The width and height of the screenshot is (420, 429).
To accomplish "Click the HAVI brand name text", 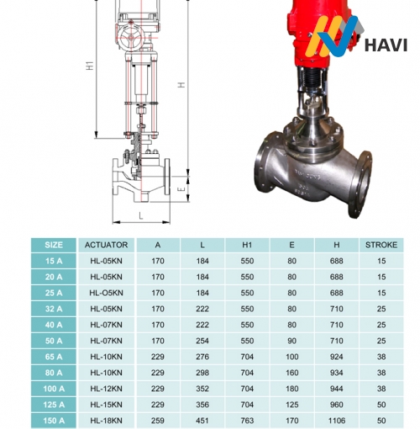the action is click(x=386, y=45).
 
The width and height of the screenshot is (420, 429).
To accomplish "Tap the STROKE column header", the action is click(x=381, y=245).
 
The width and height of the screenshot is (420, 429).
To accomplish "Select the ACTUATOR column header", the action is click(x=106, y=245).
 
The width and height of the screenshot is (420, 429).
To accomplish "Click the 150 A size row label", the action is click(x=54, y=421).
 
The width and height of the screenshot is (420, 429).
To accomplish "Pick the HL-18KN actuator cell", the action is click(x=106, y=421).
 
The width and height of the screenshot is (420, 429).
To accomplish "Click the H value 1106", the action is click(x=336, y=421).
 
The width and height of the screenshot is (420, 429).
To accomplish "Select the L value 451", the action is click(x=202, y=421).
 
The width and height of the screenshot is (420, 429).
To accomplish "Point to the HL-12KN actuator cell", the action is click(x=106, y=389).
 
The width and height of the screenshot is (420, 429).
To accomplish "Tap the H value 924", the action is click(x=336, y=357).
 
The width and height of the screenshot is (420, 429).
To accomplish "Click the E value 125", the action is click(x=291, y=405).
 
